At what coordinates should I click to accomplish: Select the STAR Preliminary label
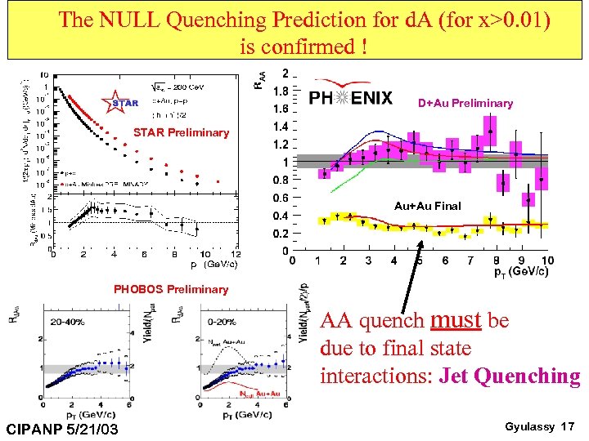181,132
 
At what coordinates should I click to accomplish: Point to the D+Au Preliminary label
465,103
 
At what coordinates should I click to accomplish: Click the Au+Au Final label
427,206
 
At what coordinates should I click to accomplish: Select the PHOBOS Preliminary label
171,289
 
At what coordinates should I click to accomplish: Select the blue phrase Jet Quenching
509,376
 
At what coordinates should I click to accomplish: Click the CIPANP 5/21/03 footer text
61,428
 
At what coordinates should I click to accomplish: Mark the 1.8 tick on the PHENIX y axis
280,91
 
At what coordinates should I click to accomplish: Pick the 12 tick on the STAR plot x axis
236,254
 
